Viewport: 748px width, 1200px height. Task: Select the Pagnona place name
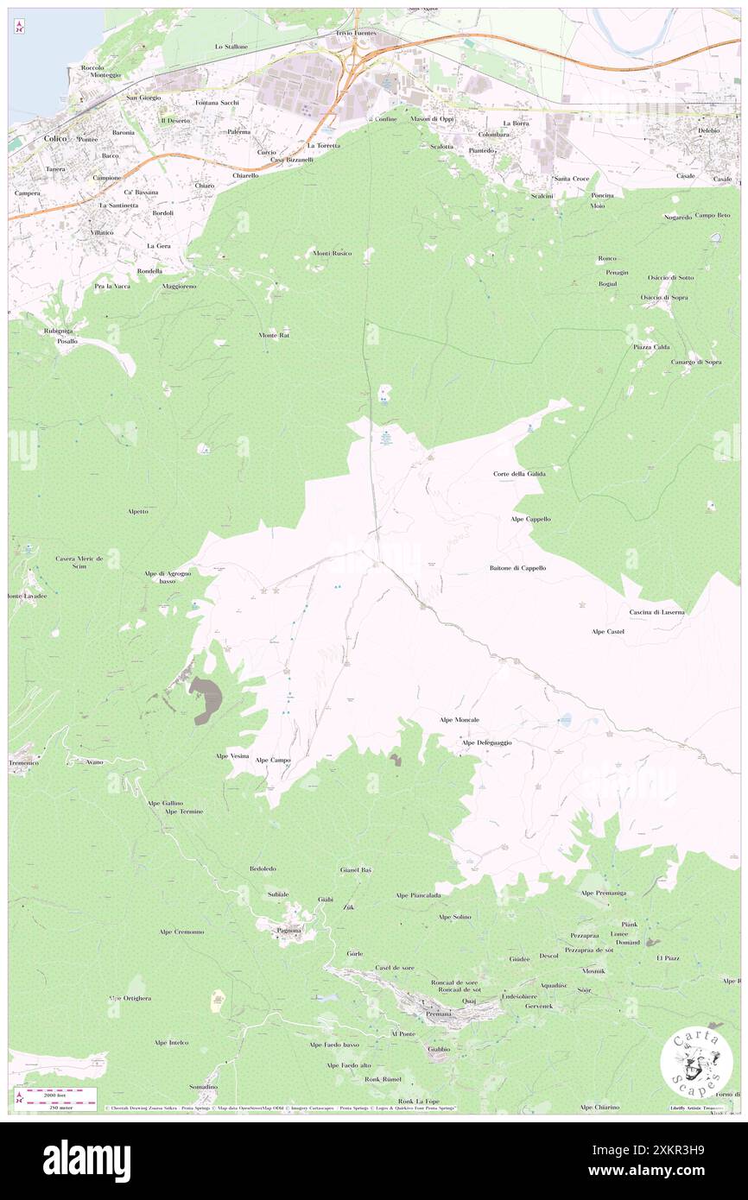[x=288, y=931]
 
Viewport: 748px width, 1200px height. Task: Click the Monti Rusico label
[x=332, y=253]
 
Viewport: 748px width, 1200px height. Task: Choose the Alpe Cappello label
[x=530, y=519]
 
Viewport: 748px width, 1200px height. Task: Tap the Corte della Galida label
[x=520, y=474]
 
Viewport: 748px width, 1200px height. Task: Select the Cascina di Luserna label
[x=656, y=612]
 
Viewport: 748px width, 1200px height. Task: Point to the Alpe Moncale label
[x=460, y=719]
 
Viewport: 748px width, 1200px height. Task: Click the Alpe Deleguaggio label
[x=486, y=742]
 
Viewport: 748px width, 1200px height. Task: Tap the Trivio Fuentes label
[x=357, y=32]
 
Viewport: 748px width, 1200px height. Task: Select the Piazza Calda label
[x=650, y=347]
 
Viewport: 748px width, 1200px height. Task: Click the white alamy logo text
[x=86, y=1161]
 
